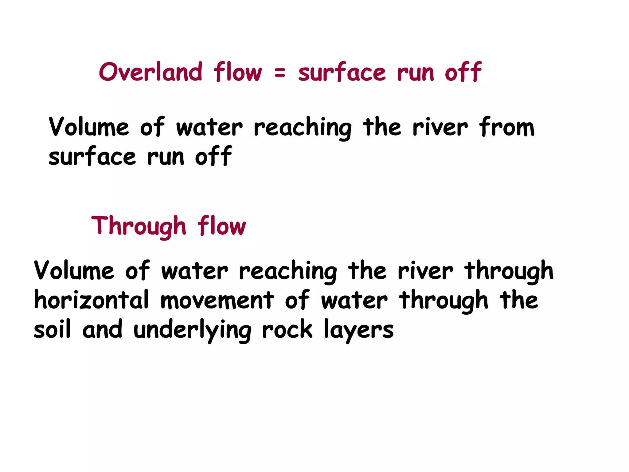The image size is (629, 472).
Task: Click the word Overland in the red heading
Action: tap(150, 72)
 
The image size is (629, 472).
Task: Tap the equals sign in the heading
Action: tap(280, 73)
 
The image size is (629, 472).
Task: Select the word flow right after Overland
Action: tap(238, 72)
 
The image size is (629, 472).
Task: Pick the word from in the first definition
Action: tap(507, 127)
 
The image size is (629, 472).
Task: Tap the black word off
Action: tap(213, 156)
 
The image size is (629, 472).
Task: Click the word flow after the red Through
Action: tap(221, 226)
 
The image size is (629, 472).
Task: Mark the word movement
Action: tap(217, 300)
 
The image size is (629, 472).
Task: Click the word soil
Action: tap(52, 329)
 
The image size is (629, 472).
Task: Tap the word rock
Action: tap(287, 329)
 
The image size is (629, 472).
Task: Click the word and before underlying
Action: tap(102, 329)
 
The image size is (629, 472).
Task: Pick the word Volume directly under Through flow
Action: tap(74, 270)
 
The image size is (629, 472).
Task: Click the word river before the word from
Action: tap(440, 127)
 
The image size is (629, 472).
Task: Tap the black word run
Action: tap(166, 157)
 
